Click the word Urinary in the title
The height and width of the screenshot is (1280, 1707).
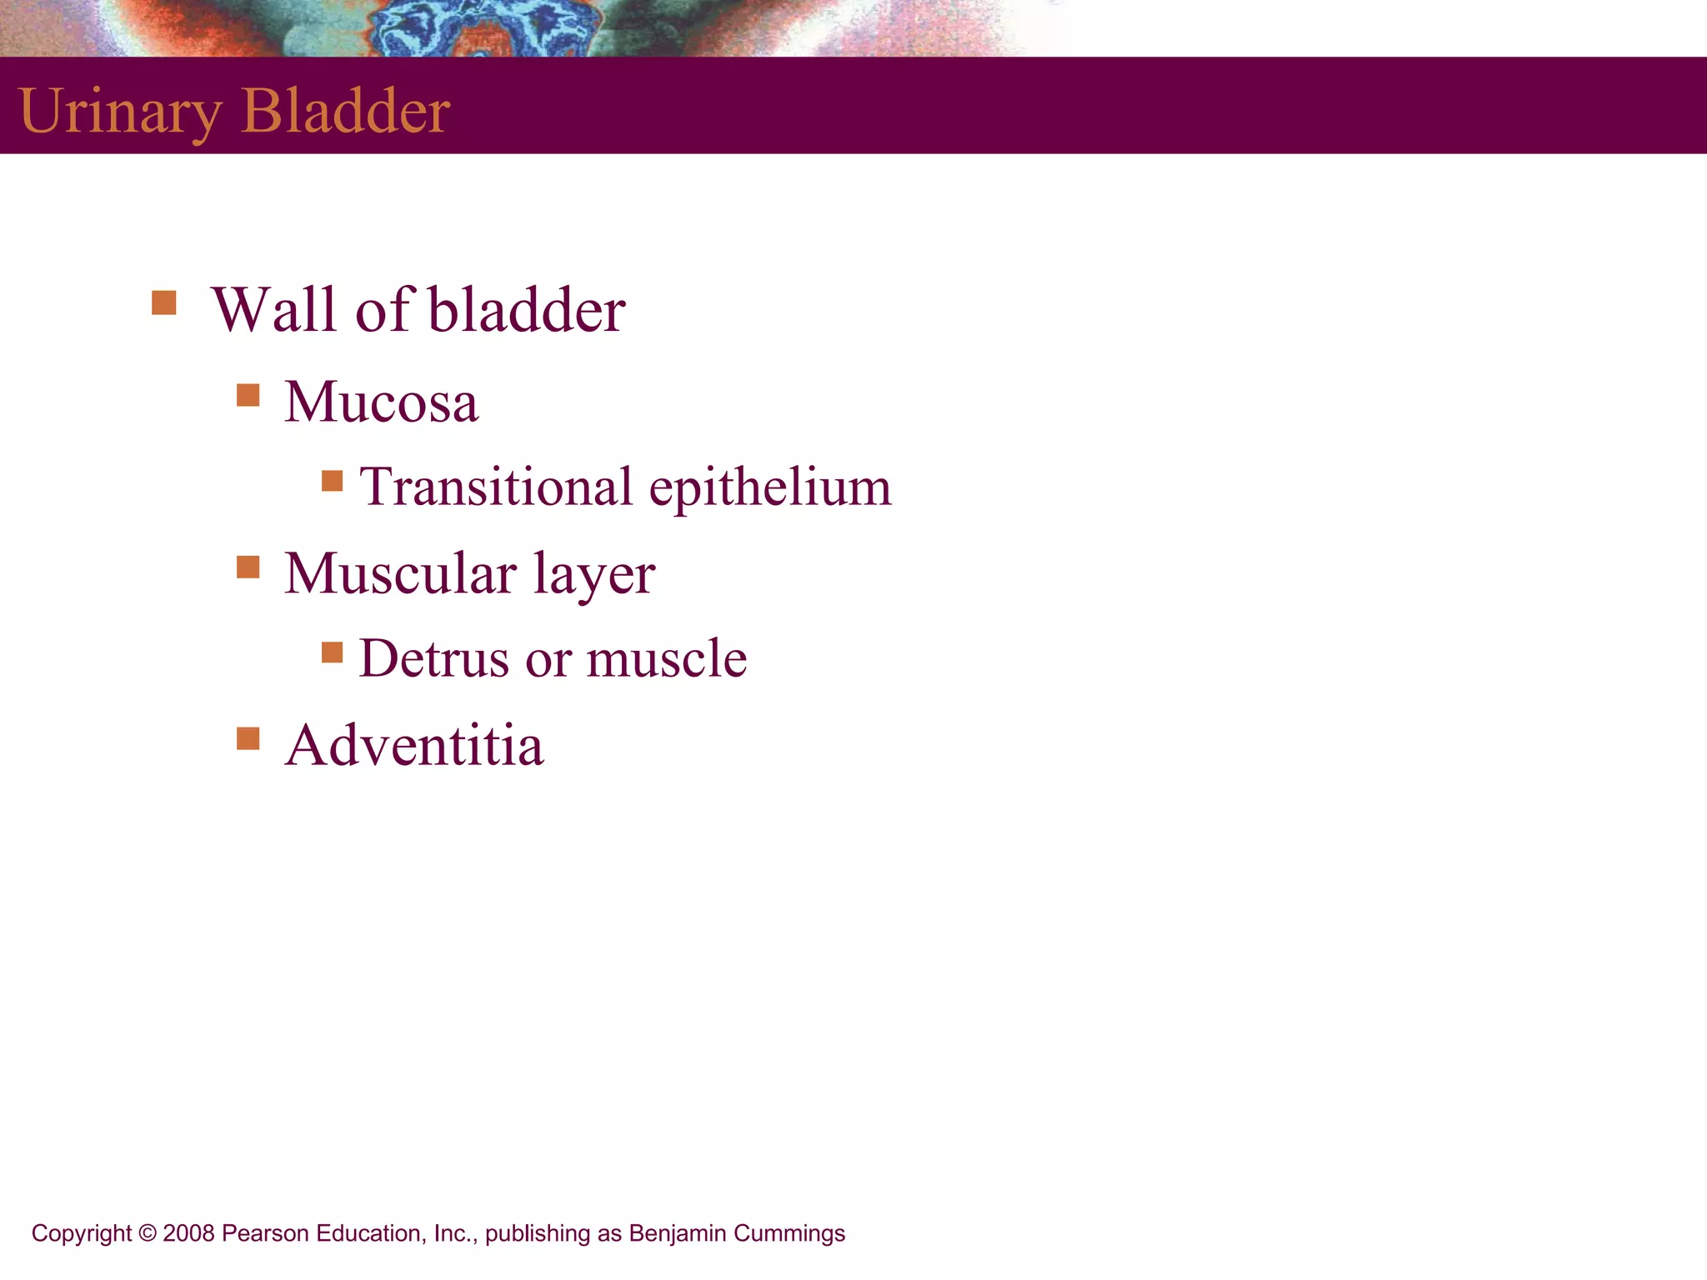(x=119, y=111)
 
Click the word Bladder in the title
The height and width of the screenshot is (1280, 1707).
(x=345, y=111)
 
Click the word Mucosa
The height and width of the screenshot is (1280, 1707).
(x=381, y=402)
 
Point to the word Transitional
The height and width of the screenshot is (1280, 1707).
(x=496, y=487)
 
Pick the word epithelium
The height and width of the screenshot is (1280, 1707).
(x=770, y=488)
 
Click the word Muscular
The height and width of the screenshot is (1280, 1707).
(x=400, y=573)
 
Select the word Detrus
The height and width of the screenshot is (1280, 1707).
(x=433, y=658)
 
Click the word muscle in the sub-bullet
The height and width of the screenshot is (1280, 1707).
(x=666, y=658)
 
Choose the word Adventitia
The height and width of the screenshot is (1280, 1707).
(x=413, y=745)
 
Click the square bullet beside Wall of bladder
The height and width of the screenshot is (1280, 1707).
(x=164, y=302)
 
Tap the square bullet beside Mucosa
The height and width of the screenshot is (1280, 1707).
(x=248, y=394)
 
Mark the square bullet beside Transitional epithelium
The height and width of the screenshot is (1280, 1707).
(x=333, y=481)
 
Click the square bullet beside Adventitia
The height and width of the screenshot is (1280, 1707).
(x=248, y=738)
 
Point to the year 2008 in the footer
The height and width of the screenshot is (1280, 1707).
(x=188, y=1233)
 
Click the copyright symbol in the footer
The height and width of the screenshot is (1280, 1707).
(x=148, y=1233)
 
